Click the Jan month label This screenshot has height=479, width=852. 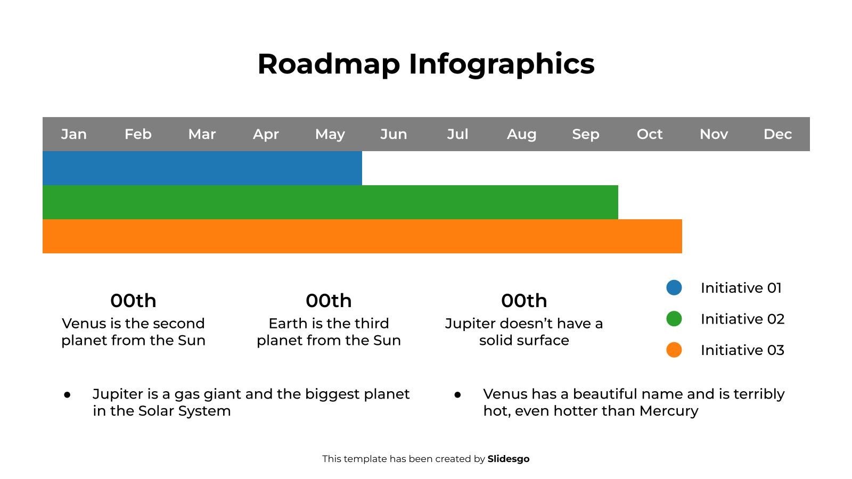click(x=74, y=134)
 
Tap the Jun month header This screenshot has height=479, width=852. click(x=394, y=134)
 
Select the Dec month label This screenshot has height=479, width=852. click(x=777, y=134)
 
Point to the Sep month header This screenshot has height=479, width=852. click(x=586, y=134)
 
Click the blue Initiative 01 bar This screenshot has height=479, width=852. click(x=202, y=168)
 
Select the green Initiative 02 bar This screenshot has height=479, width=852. click(x=330, y=202)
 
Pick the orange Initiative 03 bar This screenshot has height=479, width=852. click(x=362, y=236)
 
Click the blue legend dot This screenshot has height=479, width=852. click(x=674, y=288)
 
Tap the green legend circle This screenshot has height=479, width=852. click(x=674, y=319)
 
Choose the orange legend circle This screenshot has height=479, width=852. click(x=674, y=350)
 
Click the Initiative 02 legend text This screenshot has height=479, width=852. click(x=742, y=319)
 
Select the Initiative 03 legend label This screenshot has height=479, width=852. click(x=742, y=350)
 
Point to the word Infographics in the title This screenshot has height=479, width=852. click(x=501, y=64)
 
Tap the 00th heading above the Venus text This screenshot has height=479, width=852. click(x=133, y=301)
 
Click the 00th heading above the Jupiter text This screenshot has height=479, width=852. click(x=524, y=301)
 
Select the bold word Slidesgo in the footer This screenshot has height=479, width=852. click(x=509, y=459)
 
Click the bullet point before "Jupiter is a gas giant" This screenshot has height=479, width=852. click(x=68, y=395)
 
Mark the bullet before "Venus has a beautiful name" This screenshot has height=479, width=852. click(x=458, y=395)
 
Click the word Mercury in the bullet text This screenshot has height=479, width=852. click(x=668, y=411)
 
